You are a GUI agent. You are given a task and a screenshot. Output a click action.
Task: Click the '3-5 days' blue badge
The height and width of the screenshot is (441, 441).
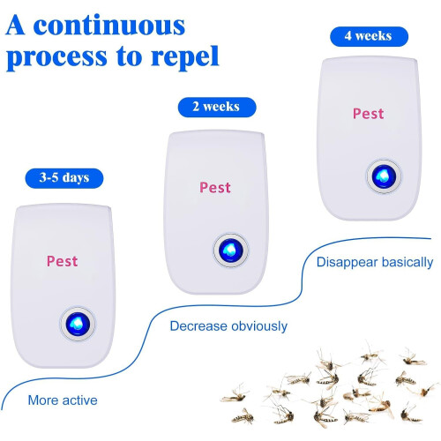coord(64,178)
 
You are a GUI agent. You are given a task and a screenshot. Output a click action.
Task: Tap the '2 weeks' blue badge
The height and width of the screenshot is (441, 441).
coord(217,107)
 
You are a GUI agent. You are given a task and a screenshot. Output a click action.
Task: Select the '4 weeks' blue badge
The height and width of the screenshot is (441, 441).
coord(369,36)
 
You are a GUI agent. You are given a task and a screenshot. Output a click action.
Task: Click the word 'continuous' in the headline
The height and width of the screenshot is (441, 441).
coord(109,26)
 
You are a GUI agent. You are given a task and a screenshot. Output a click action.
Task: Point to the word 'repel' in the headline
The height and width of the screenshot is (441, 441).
coord(185,56)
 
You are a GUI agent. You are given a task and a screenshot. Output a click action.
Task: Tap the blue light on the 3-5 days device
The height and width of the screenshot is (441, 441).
coord(78,324)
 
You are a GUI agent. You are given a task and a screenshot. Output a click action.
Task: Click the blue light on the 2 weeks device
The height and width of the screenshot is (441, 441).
coord(231,250)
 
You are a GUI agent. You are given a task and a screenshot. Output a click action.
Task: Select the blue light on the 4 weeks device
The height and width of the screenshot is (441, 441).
coord(384,176)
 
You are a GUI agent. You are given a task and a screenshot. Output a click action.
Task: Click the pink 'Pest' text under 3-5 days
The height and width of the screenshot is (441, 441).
coord(63,261)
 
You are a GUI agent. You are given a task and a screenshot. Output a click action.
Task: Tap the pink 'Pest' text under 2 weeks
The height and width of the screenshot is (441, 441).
coord(215,188)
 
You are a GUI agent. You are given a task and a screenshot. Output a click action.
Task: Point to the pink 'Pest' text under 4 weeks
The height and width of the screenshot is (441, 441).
coord(369,114)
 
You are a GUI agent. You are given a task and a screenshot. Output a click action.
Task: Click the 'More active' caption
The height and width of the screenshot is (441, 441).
coord(63,400)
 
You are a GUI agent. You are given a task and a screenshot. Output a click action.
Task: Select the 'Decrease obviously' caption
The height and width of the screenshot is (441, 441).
coord(228,326)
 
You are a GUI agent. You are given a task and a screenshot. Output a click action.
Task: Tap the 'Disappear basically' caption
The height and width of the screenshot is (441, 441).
coord(375,263)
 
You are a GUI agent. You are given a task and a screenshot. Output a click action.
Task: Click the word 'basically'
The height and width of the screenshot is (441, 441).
coord(407,263)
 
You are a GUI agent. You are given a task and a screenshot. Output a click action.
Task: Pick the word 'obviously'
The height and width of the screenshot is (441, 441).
coord(259,326)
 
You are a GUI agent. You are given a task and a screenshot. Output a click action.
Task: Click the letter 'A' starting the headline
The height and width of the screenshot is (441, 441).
coord(15,26)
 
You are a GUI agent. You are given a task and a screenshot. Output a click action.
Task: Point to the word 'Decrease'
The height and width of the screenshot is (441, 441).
coord(198,326)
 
